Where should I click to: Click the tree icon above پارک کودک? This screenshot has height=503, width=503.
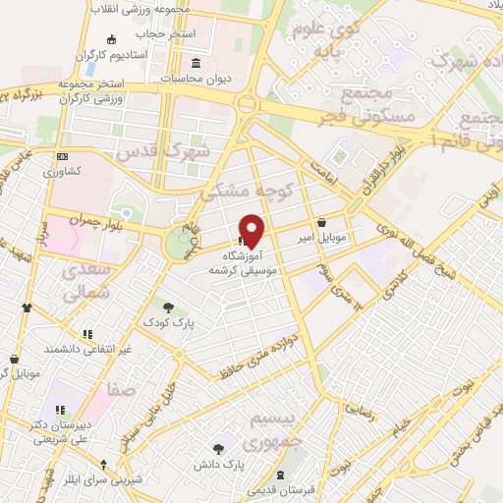click(168, 307)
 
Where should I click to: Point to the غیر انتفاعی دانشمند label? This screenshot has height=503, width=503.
click(87, 349)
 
